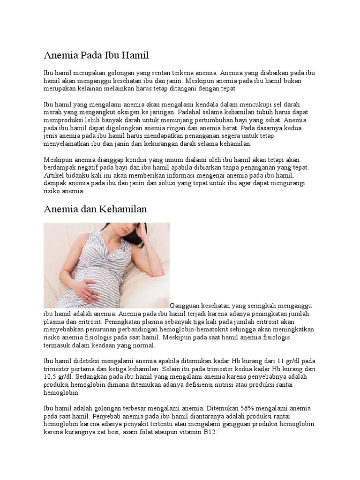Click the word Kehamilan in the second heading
tap(123, 209)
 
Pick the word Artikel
tap(53, 175)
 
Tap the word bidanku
tap(78, 175)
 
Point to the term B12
tap(210, 432)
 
